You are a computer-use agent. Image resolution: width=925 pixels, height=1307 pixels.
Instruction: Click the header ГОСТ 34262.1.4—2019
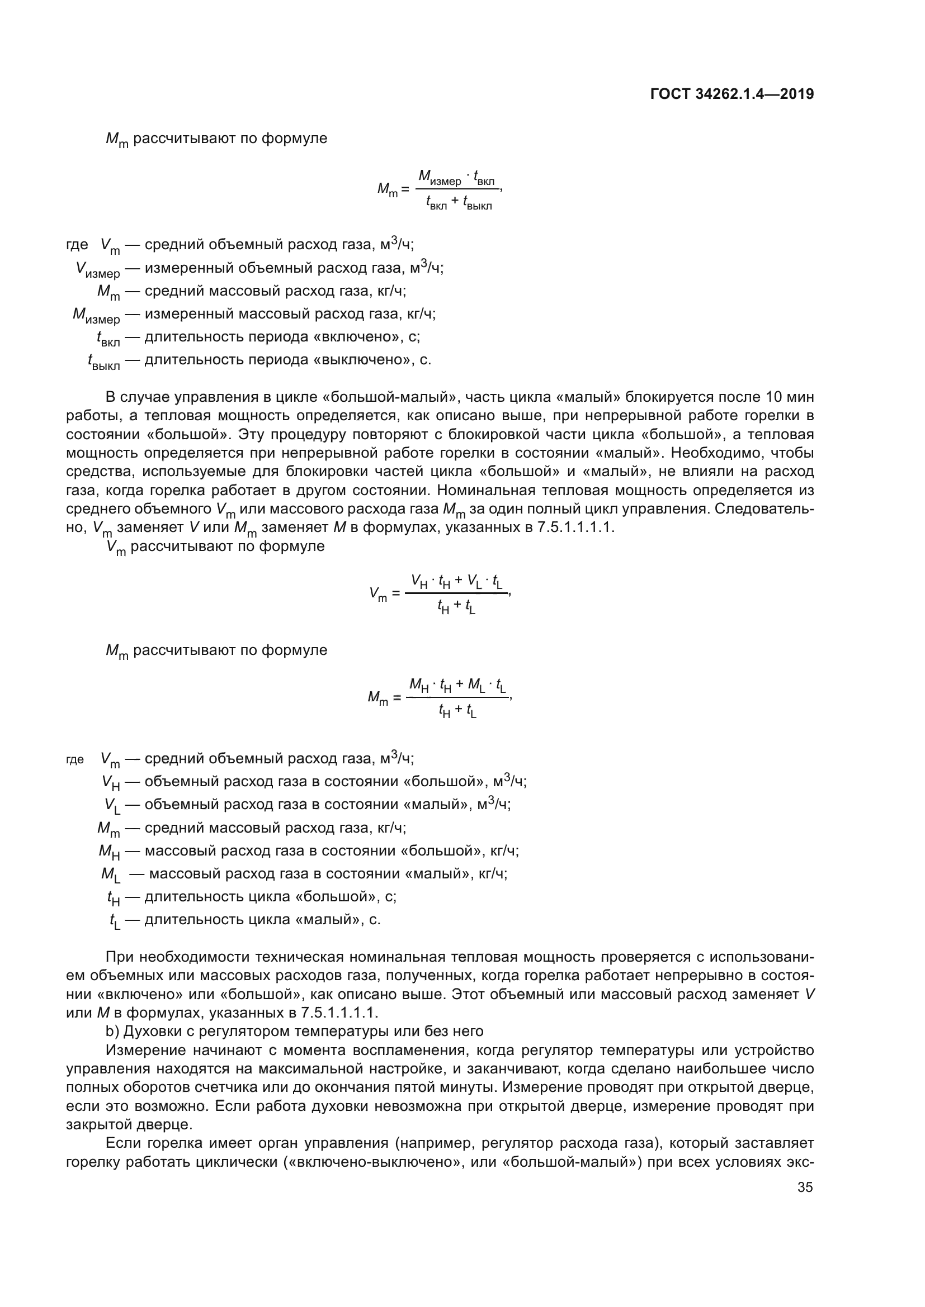point(732,94)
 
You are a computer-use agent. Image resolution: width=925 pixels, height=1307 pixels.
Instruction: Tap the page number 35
point(805,1187)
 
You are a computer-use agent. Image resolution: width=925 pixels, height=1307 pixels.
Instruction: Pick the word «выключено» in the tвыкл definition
point(364,360)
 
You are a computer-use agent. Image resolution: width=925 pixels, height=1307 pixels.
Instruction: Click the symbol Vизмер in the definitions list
point(98,269)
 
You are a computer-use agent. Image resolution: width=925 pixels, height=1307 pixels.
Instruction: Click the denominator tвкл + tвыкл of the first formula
point(459,202)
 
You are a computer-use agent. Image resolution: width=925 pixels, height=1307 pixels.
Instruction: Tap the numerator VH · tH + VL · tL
point(457,581)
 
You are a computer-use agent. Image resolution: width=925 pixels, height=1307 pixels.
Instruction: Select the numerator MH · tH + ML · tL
point(457,686)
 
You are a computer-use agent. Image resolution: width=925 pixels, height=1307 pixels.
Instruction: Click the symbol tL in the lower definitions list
point(115,920)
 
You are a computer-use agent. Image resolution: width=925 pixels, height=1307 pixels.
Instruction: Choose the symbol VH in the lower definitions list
point(111,783)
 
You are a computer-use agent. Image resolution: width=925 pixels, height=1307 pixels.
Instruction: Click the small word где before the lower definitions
point(75,760)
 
